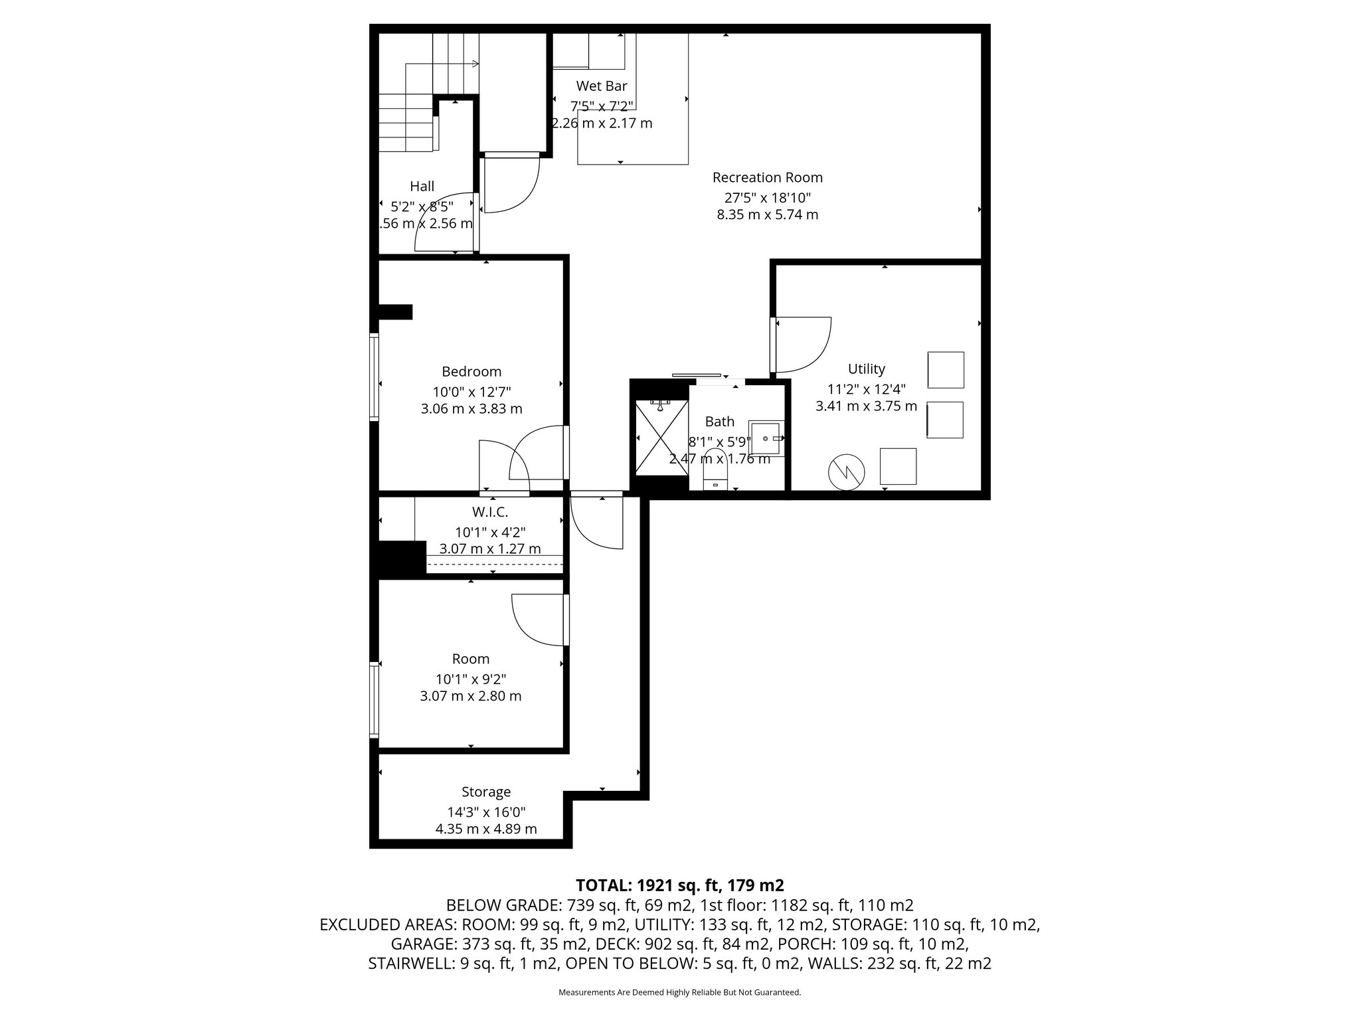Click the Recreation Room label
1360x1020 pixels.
[767, 178]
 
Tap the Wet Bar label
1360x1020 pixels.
[602, 86]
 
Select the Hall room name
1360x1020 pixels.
[422, 187]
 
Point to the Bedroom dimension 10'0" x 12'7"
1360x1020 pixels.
[471, 392]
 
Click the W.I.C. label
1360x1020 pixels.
[490, 513]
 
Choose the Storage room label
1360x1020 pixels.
[486, 792]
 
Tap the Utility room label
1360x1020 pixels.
[867, 369]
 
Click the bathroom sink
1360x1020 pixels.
[766, 438]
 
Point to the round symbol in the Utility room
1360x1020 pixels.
[846, 472]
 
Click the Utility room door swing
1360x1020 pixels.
[804, 345]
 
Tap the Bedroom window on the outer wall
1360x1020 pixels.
[375, 377]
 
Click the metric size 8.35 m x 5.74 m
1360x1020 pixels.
[767, 215]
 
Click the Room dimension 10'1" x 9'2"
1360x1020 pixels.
[471, 679]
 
